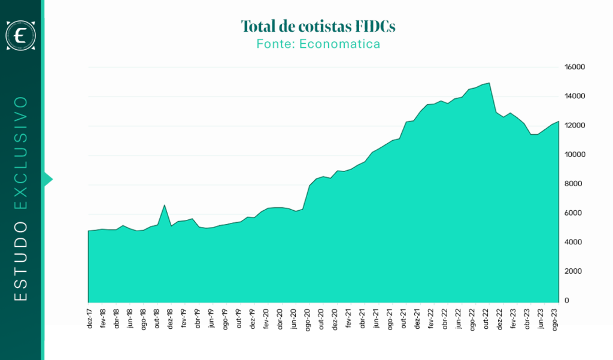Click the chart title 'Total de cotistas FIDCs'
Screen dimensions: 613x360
318,26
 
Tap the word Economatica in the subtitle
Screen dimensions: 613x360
340,44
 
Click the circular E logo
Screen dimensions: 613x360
21,35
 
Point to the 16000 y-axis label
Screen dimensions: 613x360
574,67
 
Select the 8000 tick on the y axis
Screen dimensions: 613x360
573,183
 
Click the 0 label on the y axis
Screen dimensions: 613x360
566,301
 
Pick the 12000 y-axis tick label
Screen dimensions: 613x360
574,125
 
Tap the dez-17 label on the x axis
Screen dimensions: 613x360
90,319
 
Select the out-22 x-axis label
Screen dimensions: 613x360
486,319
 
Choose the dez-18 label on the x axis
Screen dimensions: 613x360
170,319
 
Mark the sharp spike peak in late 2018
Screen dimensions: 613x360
165,205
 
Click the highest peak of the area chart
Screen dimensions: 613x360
489,83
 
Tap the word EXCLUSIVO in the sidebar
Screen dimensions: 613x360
21,153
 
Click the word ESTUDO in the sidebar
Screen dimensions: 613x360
21,261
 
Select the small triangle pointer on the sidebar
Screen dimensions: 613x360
48,180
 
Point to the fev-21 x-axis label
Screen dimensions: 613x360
349,318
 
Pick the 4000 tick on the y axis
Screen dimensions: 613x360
573,242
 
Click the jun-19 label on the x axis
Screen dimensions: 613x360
211,318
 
